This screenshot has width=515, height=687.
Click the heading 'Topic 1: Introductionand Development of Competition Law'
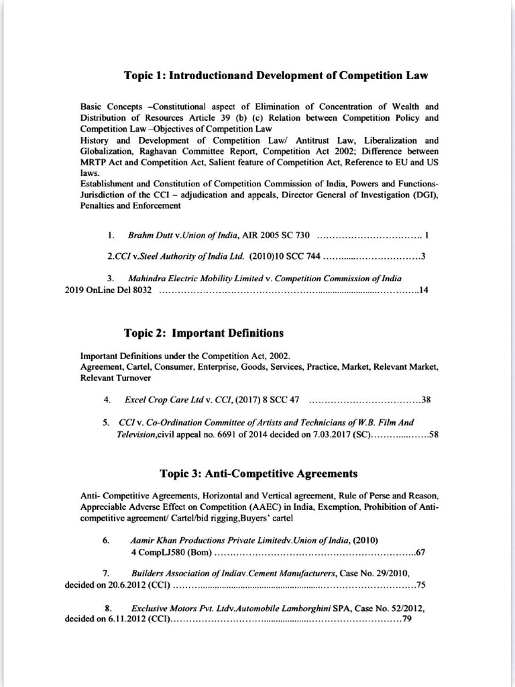(x=276, y=76)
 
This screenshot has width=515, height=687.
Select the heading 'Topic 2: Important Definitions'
(x=204, y=333)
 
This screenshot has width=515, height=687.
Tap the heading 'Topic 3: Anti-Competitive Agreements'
(x=258, y=474)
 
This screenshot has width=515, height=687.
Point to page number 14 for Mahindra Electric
(x=423, y=290)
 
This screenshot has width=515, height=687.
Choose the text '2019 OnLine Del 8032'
(x=108, y=290)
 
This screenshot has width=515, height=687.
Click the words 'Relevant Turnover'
(x=106, y=378)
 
